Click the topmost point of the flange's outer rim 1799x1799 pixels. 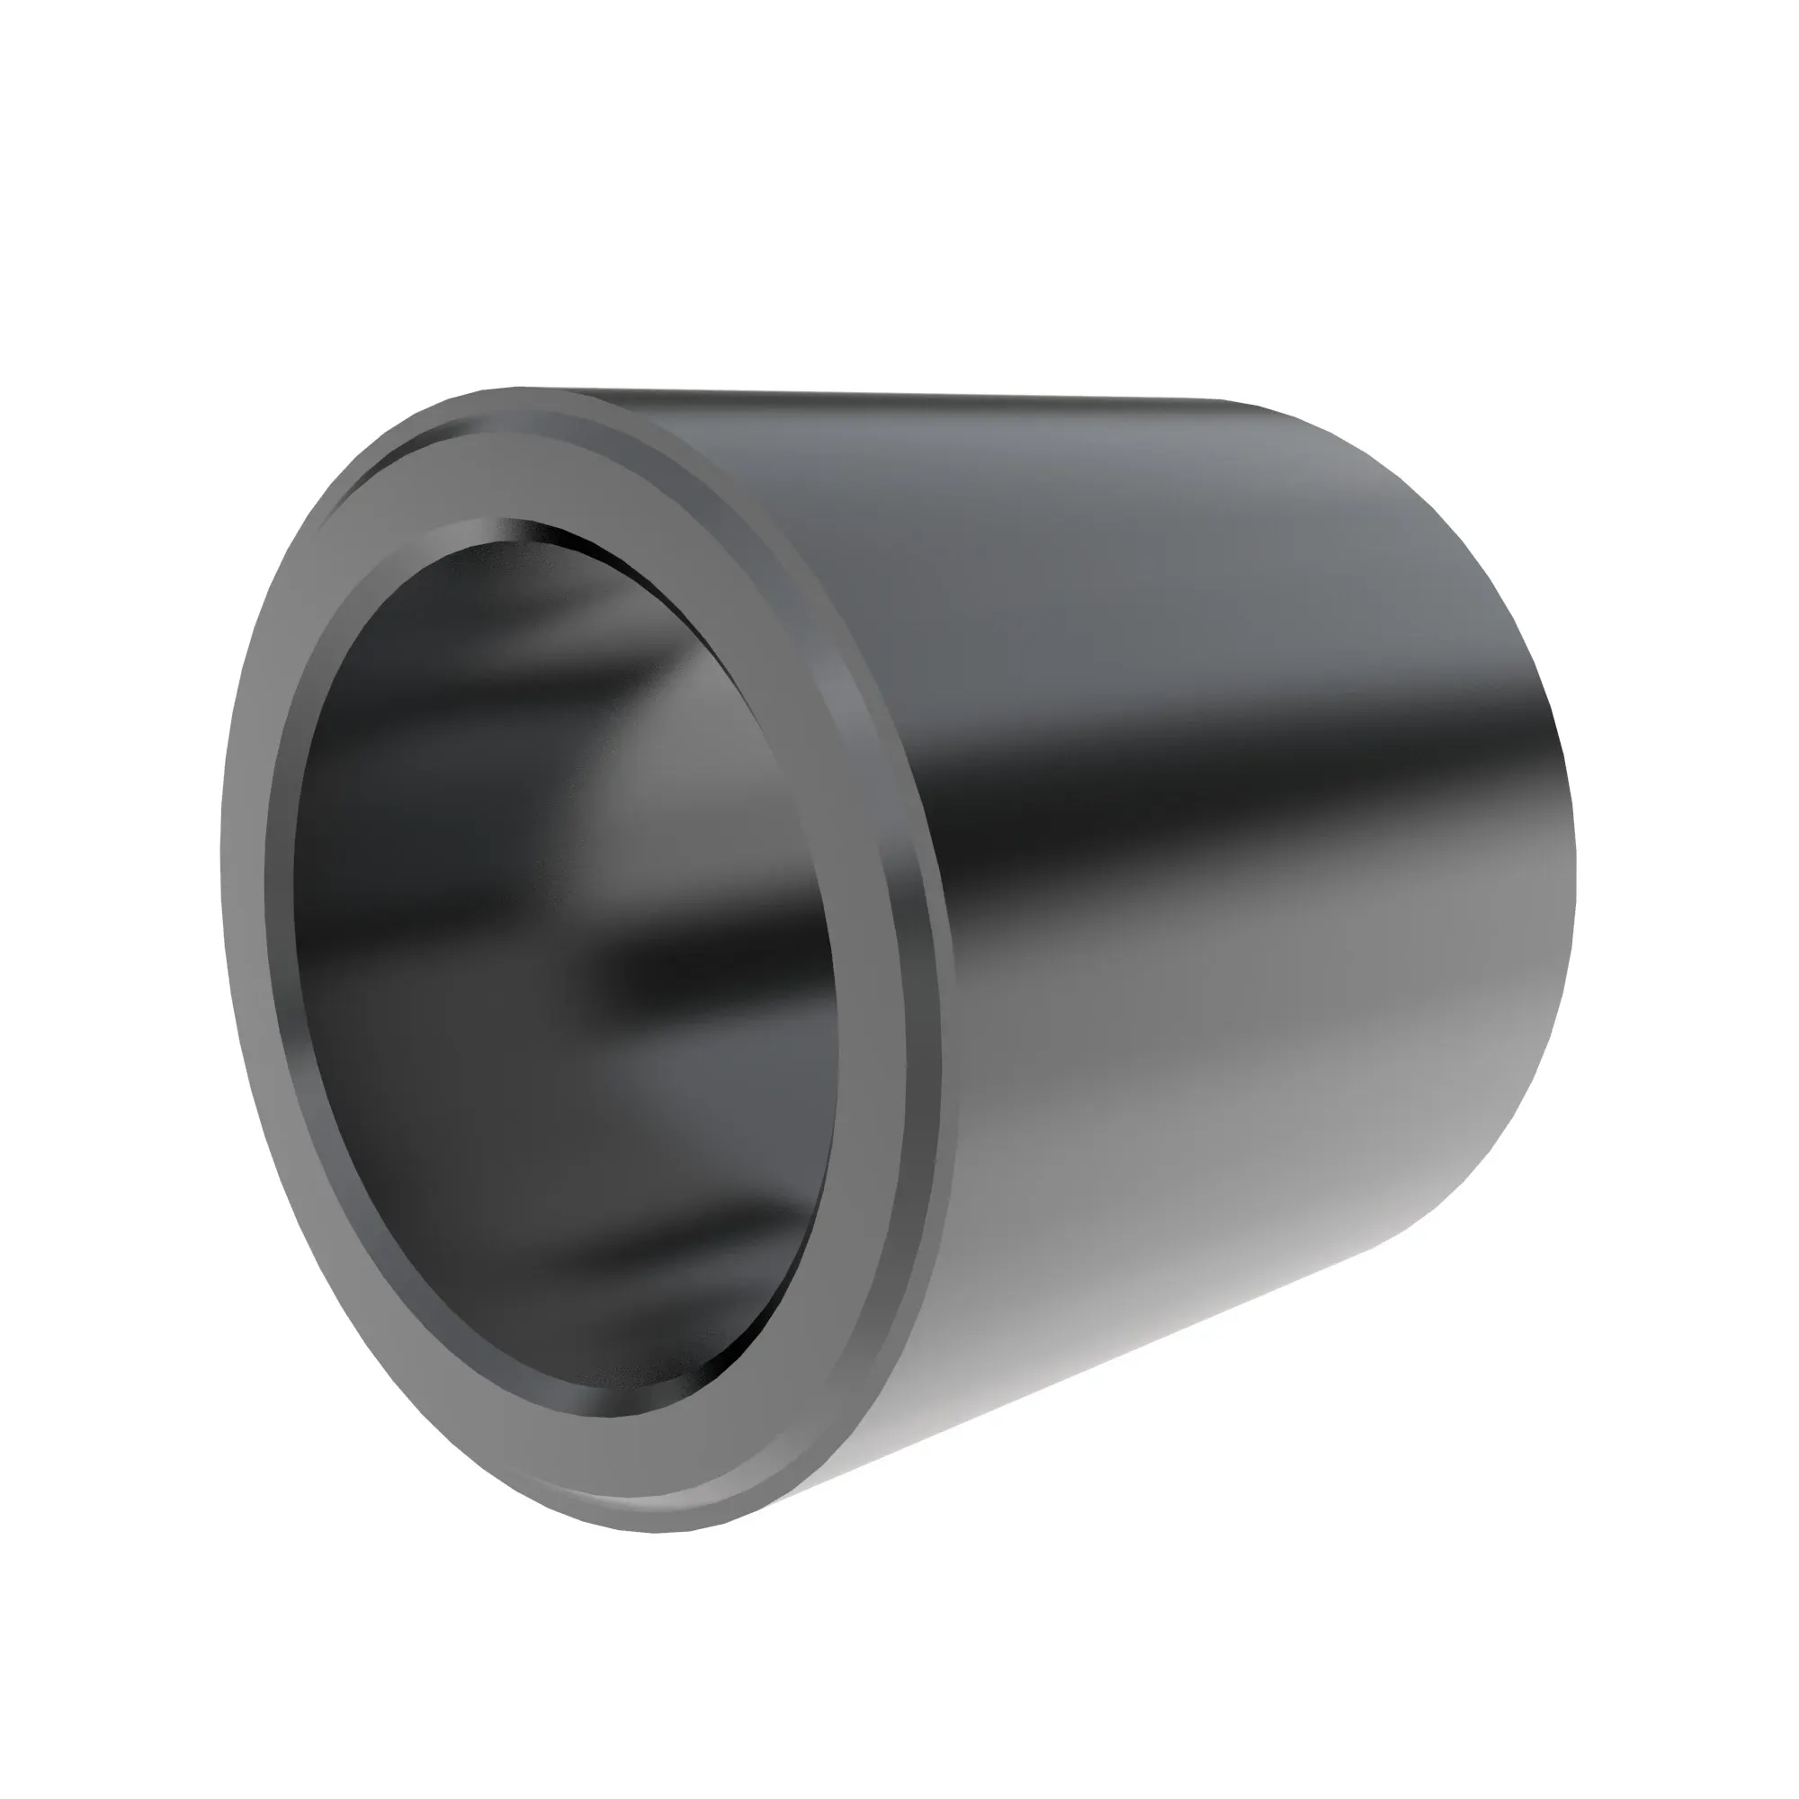[522, 389]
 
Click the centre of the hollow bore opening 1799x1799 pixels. [559, 978]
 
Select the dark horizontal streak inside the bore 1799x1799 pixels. [708, 969]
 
